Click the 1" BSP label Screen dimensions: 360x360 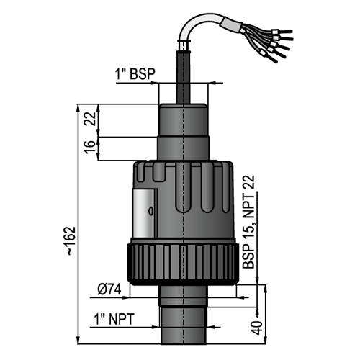pos(135,74)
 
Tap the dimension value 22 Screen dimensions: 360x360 pos(90,119)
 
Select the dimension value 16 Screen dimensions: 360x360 pos(89,147)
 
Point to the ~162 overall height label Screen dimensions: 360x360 pos(71,240)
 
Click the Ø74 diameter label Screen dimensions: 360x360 pos(109,289)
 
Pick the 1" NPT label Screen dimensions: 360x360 pos(114,319)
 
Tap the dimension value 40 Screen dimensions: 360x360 pos(256,328)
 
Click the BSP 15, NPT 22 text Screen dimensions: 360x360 pos(248,222)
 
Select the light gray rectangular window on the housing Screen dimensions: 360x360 pos(144,212)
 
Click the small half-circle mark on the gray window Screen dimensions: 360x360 pos(150,211)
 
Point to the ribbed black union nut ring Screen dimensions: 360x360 pos(183,264)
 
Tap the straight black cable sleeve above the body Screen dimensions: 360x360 pos(184,77)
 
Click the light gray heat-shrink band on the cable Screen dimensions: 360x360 pos(232,25)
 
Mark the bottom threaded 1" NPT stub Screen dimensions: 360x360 pos(184,325)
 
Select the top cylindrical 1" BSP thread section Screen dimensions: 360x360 pos(183,120)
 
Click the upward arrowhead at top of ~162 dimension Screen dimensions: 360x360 pos(78,108)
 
